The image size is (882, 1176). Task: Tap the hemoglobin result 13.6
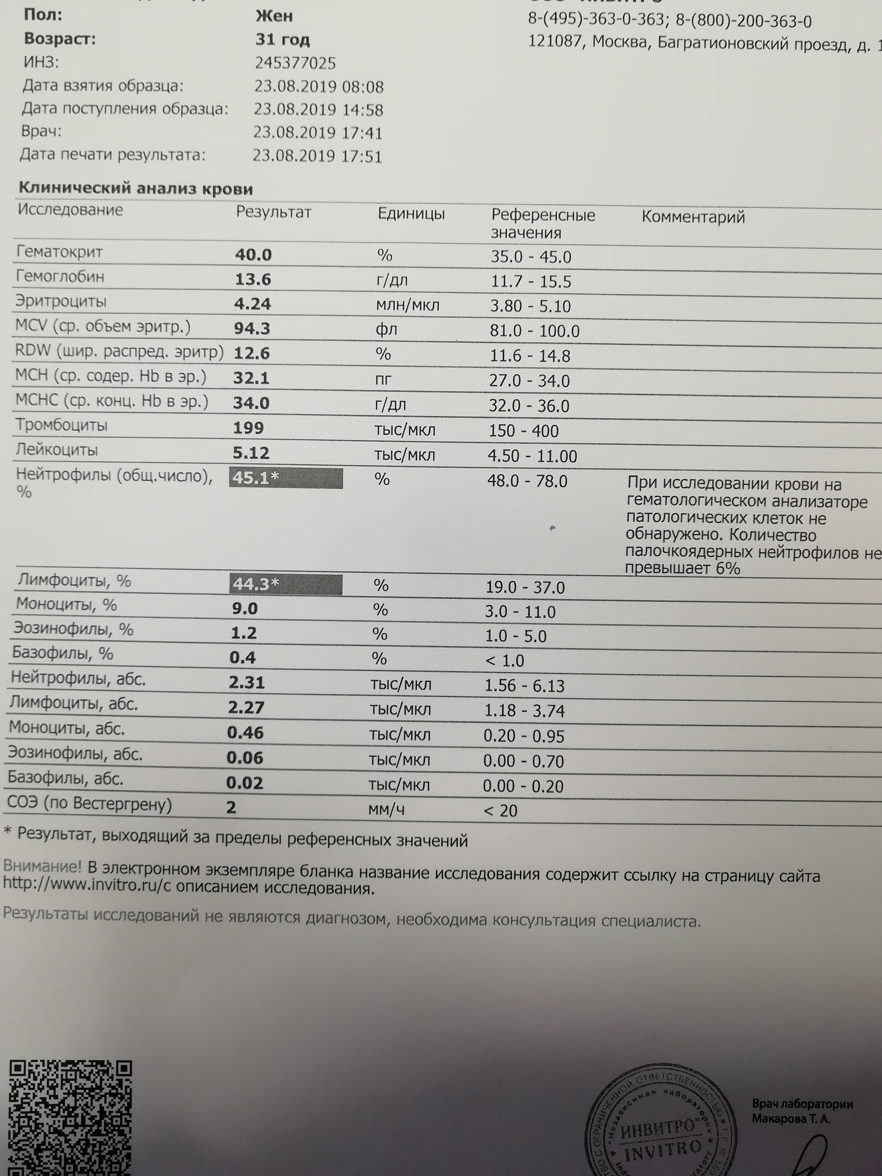pyautogui.click(x=253, y=279)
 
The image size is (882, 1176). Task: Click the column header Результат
pyautogui.click(x=273, y=212)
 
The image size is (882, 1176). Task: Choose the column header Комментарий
pyautogui.click(x=693, y=217)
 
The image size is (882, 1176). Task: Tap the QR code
pyautogui.click(x=70, y=1116)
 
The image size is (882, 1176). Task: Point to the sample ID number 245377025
pyautogui.click(x=295, y=63)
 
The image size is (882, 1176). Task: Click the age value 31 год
pyautogui.click(x=282, y=40)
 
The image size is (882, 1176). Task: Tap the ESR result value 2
pyautogui.click(x=231, y=807)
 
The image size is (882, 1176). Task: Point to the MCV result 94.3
pyautogui.click(x=252, y=329)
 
